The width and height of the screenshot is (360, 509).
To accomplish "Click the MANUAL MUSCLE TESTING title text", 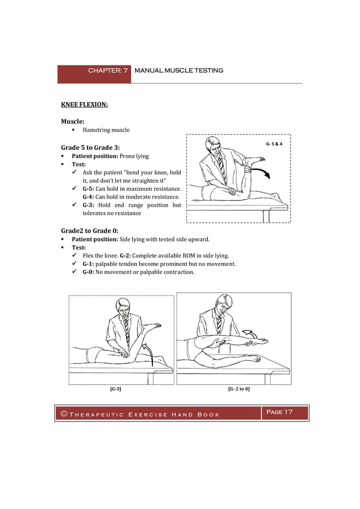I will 179,71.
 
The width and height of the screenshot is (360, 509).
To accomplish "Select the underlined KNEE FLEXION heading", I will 84,104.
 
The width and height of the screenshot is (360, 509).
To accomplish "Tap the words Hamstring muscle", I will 106,130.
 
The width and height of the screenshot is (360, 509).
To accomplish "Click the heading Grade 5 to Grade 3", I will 90,147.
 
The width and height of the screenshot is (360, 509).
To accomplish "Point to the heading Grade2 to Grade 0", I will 89,230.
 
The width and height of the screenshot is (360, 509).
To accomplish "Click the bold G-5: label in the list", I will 88,188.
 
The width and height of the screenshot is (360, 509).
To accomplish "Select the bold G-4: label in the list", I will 88,196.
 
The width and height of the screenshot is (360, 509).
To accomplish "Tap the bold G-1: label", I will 88,264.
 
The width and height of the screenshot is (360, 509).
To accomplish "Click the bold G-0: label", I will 88,272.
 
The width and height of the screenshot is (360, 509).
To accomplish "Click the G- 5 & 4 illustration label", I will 274,144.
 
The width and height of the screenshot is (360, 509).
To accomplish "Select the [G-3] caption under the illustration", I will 115,389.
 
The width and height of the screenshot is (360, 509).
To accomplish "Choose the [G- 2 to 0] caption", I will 239,389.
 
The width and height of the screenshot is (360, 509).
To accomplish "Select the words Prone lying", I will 134,156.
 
